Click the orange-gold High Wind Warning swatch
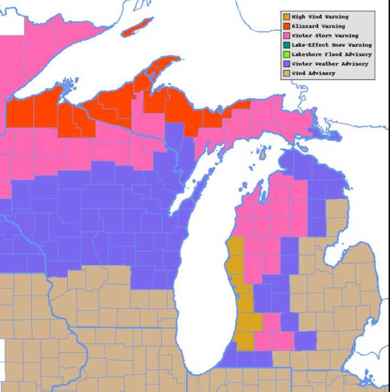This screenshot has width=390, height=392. [x=286, y=17]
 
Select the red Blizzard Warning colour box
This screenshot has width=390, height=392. [x=286, y=26]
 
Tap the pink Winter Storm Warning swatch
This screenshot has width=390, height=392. [x=286, y=35]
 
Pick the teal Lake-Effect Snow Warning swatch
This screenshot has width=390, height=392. [x=286, y=45]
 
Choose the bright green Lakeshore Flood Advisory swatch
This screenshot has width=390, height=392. [x=286, y=54]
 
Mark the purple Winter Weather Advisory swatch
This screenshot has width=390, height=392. [x=286, y=64]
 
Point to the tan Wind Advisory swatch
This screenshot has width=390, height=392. [x=286, y=73]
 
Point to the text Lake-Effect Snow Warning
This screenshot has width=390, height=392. [x=331, y=45]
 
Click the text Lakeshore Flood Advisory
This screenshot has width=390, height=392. [x=331, y=54]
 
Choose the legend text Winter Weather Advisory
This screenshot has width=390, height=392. [x=330, y=64]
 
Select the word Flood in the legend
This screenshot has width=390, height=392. [x=333, y=54]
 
